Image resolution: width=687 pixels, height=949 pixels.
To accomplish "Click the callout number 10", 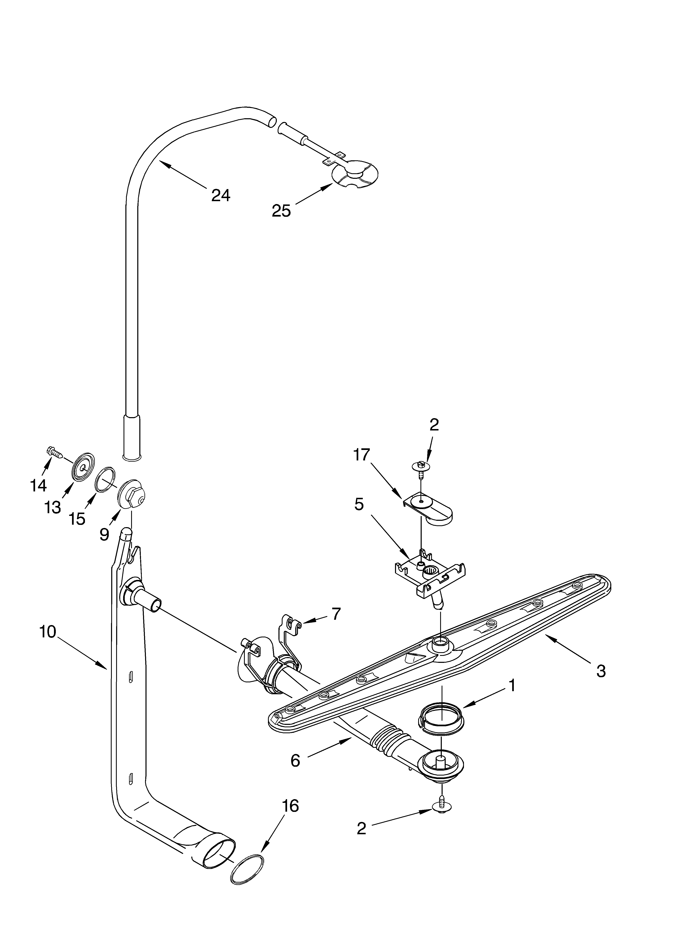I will [x=48, y=632].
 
